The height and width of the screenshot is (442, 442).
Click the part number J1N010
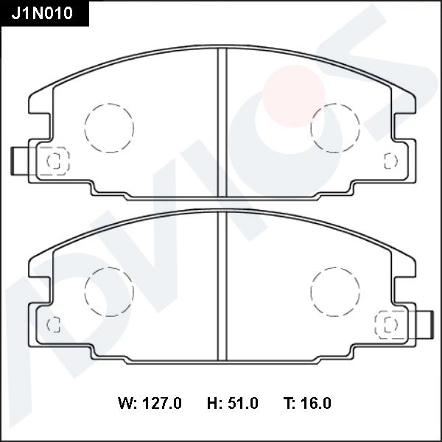click(x=42, y=13)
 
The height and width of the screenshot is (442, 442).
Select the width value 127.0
click(x=161, y=403)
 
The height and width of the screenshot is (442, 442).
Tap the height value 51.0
click(x=242, y=403)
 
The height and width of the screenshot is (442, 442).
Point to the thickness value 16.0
click(x=317, y=403)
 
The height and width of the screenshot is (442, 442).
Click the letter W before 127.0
click(x=124, y=403)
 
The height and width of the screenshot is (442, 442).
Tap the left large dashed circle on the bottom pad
click(x=109, y=291)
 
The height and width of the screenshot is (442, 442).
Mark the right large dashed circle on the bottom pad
click(x=335, y=291)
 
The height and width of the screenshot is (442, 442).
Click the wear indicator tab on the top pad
click(x=20, y=161)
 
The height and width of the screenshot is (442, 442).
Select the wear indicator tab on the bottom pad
click(x=423, y=324)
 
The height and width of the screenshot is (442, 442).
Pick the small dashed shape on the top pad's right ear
click(x=390, y=160)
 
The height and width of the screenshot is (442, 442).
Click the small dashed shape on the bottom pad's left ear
click(x=53, y=324)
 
